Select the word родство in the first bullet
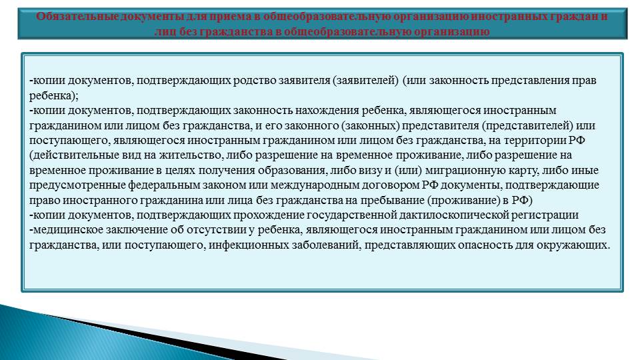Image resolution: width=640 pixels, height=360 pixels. point(255,81)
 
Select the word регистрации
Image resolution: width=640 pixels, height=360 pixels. point(547,215)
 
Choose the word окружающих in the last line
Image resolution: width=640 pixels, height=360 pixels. point(573,245)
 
